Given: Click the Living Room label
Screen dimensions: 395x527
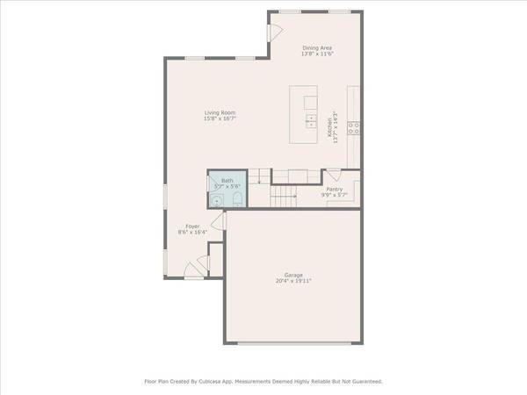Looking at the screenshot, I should pyautogui.click(x=220, y=112).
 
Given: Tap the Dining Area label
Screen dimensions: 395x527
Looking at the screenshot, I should pyautogui.click(x=318, y=47).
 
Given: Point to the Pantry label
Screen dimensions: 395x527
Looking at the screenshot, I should pyautogui.click(x=335, y=189).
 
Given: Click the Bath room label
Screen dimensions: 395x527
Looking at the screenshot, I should pyautogui.click(x=227, y=181).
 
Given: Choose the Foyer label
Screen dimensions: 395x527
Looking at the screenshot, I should pyautogui.click(x=192, y=226).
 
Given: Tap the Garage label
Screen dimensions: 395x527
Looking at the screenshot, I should pyautogui.click(x=293, y=275).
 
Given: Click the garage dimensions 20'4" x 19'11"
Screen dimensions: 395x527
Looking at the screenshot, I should pyautogui.click(x=293, y=281).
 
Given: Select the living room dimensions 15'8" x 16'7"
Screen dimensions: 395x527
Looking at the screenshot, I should pyautogui.click(x=220, y=118).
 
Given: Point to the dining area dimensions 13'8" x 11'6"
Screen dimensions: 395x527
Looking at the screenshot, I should pyautogui.click(x=318, y=54).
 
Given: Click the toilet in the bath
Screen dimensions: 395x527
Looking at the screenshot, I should pyautogui.click(x=237, y=201).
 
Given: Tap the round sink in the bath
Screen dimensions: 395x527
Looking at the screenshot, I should pyautogui.click(x=216, y=201).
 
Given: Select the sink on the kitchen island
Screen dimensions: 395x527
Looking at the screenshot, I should pyautogui.click(x=310, y=119).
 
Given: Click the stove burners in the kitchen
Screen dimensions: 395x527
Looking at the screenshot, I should pyautogui.click(x=353, y=127).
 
